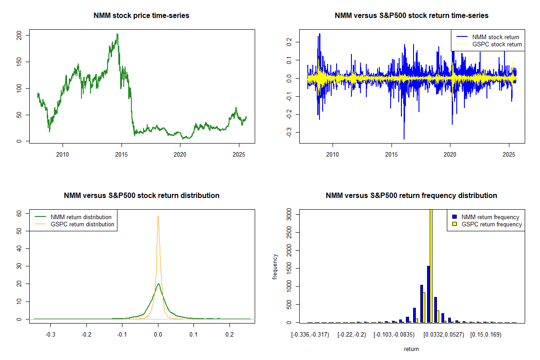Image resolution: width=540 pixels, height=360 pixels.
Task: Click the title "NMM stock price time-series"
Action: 141,16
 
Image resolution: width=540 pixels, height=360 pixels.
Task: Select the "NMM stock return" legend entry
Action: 495,37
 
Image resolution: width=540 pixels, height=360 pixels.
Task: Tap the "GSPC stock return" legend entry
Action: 497,44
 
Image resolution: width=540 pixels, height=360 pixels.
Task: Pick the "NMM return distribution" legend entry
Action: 81,217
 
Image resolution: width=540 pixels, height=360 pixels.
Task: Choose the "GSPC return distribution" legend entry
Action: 82,224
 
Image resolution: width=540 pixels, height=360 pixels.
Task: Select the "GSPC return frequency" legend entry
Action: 492,224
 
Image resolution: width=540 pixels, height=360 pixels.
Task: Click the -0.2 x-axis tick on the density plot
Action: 86,335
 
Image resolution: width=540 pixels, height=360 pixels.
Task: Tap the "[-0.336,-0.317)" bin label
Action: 310,335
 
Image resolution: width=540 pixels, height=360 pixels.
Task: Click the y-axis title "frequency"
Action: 275,266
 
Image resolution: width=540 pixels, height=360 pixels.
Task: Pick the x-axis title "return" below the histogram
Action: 411,349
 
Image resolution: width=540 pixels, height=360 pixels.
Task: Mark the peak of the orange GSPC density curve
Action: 158,216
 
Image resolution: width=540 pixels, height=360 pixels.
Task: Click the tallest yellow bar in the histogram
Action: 431,265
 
